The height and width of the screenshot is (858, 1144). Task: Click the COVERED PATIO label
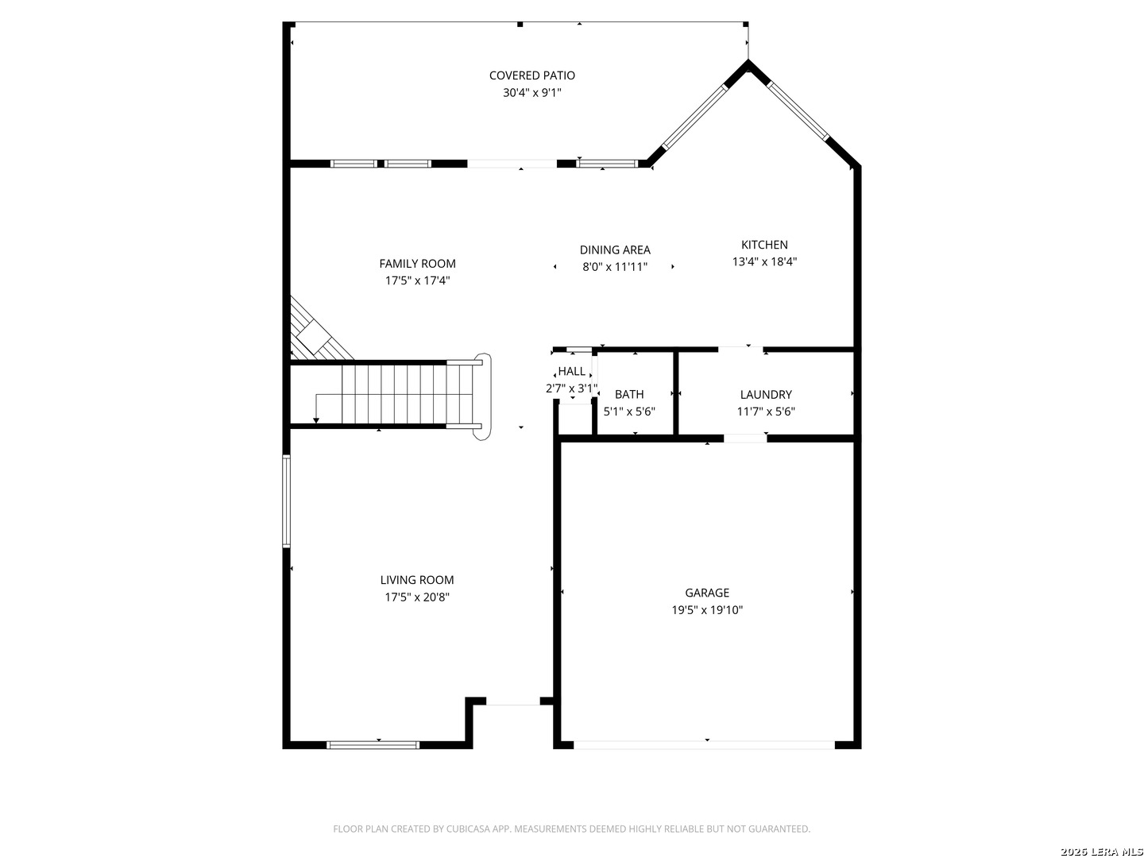(x=531, y=75)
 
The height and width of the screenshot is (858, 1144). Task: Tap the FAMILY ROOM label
(x=417, y=264)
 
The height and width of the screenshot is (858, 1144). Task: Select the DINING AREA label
(x=615, y=250)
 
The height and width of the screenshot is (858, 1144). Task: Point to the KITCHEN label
(x=764, y=245)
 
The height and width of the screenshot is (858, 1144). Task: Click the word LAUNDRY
(x=766, y=394)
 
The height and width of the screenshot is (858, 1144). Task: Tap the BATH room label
(x=629, y=394)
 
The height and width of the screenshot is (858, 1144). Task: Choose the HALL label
(x=571, y=372)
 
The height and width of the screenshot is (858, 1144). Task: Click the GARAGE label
(x=707, y=593)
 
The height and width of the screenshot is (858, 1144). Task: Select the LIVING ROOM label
(x=416, y=580)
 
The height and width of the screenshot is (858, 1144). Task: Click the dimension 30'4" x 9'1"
(x=531, y=93)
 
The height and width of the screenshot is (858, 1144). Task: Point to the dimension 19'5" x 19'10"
(x=707, y=610)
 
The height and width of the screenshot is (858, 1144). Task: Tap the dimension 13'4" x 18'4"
(x=764, y=261)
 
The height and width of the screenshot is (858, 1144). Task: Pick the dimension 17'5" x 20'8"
(x=416, y=597)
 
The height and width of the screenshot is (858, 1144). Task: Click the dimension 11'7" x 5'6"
(x=766, y=412)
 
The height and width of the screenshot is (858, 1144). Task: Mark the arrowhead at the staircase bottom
(x=316, y=420)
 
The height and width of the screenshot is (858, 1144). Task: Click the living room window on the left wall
(x=286, y=501)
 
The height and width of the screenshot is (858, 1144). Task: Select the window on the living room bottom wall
(x=373, y=745)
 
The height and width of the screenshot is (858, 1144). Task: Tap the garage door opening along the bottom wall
(x=704, y=745)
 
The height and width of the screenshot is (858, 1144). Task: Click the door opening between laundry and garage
(x=745, y=439)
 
